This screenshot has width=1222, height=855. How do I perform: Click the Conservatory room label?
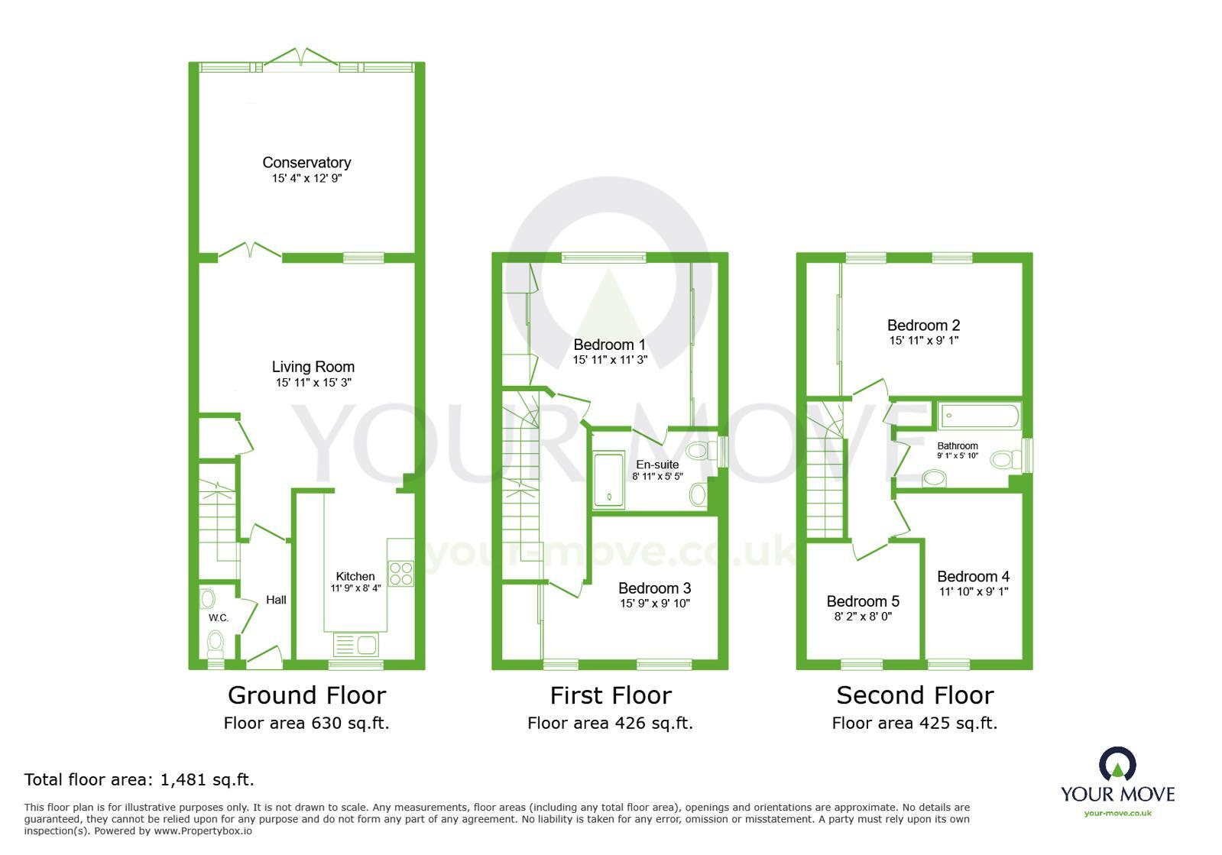click(x=306, y=162)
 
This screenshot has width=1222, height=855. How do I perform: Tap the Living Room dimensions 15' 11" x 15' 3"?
click(x=313, y=383)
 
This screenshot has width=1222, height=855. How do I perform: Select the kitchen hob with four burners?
click(x=400, y=573)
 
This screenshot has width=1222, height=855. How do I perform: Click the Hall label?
click(x=276, y=600)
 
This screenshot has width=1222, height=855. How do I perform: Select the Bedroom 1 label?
click(x=609, y=345)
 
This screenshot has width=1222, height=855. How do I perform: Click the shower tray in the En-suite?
click(x=609, y=481)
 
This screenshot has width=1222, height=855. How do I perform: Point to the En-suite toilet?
click(x=698, y=451)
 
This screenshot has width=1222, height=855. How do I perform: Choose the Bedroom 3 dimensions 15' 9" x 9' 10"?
click(x=654, y=604)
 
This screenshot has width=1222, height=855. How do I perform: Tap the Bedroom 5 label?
click(x=862, y=601)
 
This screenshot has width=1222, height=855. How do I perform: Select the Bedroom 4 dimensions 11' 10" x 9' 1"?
click(x=974, y=591)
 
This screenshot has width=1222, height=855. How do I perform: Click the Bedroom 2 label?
click(x=923, y=325)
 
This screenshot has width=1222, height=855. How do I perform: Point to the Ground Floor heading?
click(x=306, y=695)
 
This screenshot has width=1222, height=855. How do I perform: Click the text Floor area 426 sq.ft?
click(x=610, y=723)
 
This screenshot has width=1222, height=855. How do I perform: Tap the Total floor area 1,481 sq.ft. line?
click(x=139, y=779)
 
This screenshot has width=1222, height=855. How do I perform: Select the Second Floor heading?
click(x=915, y=695)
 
